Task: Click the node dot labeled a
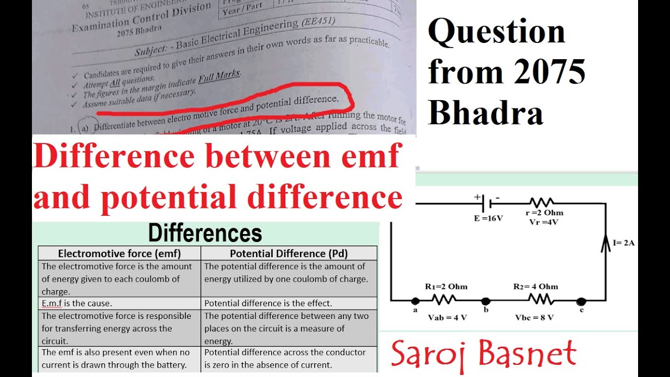415,301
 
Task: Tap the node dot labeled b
486,301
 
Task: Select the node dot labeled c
581,301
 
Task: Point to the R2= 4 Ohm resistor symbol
540,300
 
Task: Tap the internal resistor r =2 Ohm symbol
541,203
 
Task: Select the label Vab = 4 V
446,317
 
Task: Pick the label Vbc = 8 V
534,317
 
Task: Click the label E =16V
488,218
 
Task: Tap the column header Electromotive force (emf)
119,253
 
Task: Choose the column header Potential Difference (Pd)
289,253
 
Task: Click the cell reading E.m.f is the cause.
77,303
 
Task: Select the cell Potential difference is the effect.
268,303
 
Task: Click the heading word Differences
205,234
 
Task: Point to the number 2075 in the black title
549,72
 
